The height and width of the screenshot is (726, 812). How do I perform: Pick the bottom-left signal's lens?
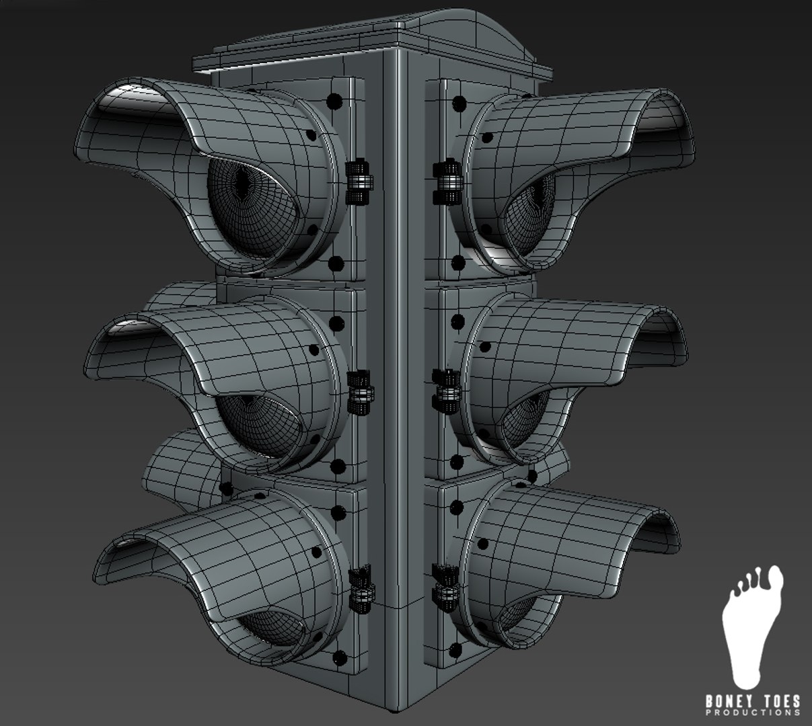point(269,622)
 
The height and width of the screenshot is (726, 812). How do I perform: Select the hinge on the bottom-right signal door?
point(445,581)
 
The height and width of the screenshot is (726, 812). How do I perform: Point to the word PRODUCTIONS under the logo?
point(753,712)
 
